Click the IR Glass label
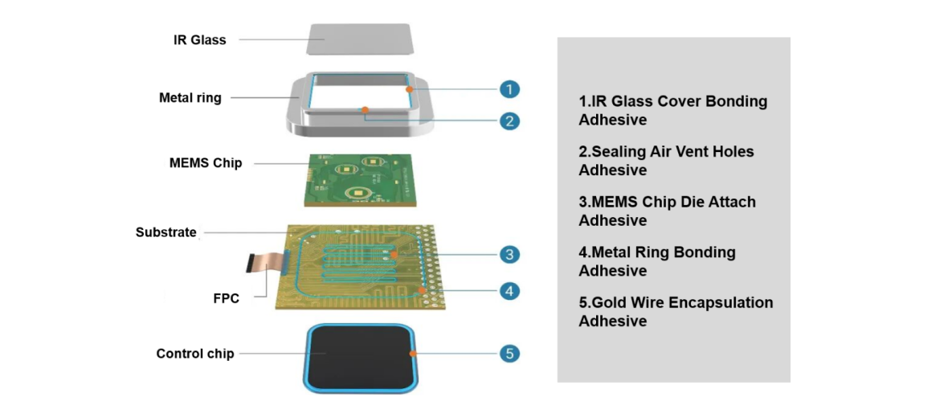click(199, 39)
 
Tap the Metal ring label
click(190, 98)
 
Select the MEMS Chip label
click(205, 163)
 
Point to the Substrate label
click(165, 232)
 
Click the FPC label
click(226, 298)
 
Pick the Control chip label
click(195, 354)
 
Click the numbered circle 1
click(509, 89)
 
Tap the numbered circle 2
click(509, 121)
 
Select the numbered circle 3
click(509, 255)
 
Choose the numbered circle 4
click(509, 290)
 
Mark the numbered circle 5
click(509, 353)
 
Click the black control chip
click(359, 354)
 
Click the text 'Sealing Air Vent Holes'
click(666, 151)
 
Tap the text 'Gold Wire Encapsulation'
click(676, 303)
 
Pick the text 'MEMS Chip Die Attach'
click(667, 202)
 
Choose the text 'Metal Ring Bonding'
click(656, 252)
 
